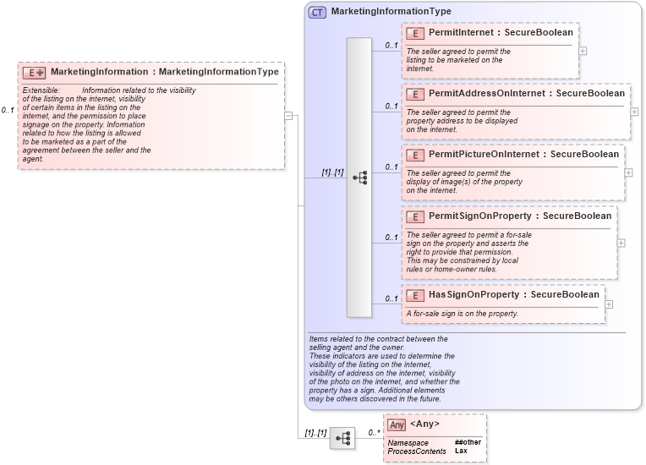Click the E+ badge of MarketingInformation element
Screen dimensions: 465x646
tap(34, 73)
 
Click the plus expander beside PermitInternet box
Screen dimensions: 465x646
tap(583, 51)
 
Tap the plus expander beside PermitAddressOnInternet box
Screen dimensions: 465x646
tap(634, 112)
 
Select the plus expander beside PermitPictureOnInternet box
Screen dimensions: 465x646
tap(628, 172)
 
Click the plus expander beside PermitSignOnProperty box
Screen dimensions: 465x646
tap(621, 243)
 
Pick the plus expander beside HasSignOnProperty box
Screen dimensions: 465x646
tap(609, 304)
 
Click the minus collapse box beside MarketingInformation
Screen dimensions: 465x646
tap(288, 116)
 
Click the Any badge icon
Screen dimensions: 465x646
tap(397, 424)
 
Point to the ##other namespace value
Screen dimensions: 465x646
tap(468, 442)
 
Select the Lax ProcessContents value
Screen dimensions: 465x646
tap(461, 451)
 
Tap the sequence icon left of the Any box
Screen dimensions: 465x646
tap(342, 438)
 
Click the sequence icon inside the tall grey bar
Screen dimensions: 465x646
tap(359, 178)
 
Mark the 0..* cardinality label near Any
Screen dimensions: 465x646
tap(373, 432)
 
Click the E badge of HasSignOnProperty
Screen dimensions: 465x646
tap(415, 295)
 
